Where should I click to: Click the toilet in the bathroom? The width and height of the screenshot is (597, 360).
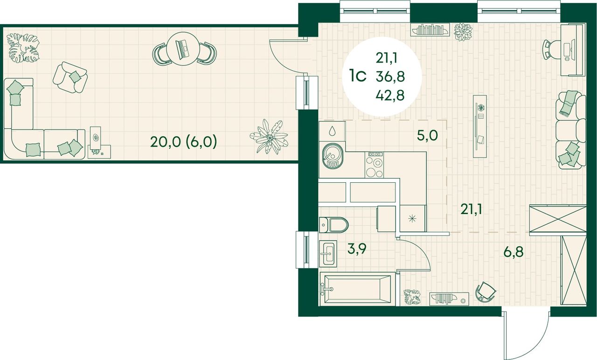333,225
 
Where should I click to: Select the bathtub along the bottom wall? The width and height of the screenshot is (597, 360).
358,289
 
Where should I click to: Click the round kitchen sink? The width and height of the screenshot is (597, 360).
332,156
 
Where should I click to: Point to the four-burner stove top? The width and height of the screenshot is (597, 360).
375,165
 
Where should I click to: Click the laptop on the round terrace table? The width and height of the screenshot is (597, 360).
183,49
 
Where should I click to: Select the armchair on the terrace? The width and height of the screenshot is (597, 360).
70,77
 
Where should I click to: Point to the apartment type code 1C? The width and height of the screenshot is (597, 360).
358,76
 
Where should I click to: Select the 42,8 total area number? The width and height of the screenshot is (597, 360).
390,95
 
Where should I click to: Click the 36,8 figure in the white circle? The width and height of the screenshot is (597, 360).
390,77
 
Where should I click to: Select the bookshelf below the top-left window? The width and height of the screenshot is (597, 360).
429,29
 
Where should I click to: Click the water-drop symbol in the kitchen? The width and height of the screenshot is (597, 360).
332,131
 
